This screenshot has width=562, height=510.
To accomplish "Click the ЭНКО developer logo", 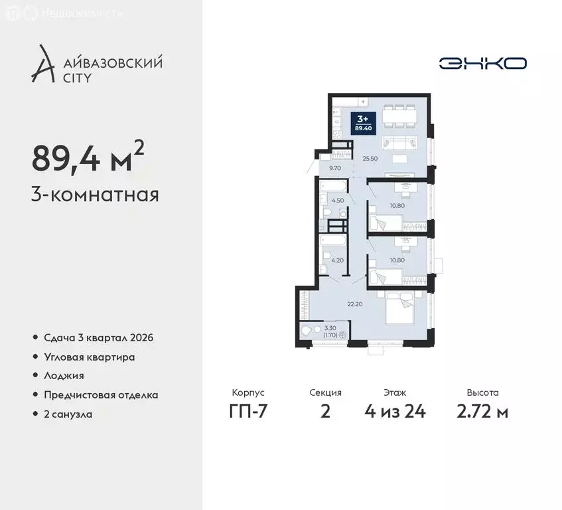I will coord(482,63).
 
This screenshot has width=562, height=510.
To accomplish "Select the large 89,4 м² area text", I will coord(88,158).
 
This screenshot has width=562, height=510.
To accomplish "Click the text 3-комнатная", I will coord(95,195).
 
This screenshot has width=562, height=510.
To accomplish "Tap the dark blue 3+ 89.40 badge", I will coord(364,123).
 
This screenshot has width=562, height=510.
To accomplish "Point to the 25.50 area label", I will coord(370,159).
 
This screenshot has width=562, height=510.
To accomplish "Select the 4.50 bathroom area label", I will coord(337,201).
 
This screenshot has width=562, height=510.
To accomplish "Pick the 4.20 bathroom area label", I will coord(337,260).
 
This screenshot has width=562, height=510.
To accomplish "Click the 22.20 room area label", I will coord(356,304).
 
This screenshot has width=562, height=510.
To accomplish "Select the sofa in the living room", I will coord(399,141).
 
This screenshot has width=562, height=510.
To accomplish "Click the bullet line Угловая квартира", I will coord(90,357).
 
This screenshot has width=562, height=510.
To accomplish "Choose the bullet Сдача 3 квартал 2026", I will coord(98,337).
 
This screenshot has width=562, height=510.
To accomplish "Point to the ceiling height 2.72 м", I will coord(482,411).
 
